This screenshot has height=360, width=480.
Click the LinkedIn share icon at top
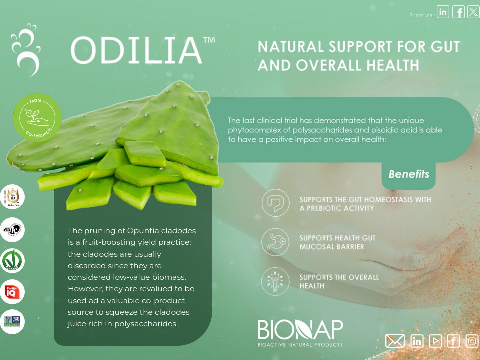pyautogui.click(x=443, y=12)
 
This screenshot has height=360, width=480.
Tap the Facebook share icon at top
pyautogui.click(x=458, y=12)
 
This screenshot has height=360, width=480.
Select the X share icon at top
pyautogui.click(x=473, y=12)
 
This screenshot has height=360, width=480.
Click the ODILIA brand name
pyautogui.click(x=136, y=50)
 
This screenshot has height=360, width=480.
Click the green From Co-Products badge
pyautogui.click(x=37, y=117)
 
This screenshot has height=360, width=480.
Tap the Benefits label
pyautogui.click(x=408, y=174)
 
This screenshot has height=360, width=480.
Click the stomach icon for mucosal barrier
pyautogui.click(x=275, y=242)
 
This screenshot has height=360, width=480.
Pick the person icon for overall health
pyautogui.click(x=275, y=280)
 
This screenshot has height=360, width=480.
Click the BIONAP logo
pyautogui.click(x=300, y=333)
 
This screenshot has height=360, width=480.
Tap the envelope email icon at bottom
pyautogui.click(x=395, y=341)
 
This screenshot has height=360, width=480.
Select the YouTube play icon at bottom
pyautogui.click(x=435, y=341)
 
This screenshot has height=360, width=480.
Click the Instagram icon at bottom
pyautogui.click(x=472, y=341)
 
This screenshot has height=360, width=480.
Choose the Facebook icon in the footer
pyautogui.click(x=454, y=341)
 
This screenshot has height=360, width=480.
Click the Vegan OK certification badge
pyautogui.click(x=12, y=260)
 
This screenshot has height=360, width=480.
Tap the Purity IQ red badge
pyautogui.click(x=12, y=292)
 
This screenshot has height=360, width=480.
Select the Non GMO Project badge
pyautogui.click(x=12, y=321)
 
